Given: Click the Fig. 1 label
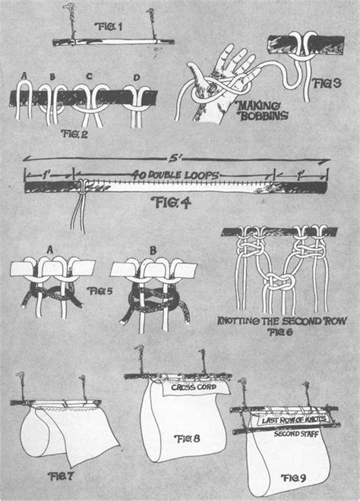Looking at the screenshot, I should [x=113, y=26].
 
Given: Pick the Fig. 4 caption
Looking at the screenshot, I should [x=173, y=203].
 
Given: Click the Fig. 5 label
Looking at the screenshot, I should [x=97, y=290].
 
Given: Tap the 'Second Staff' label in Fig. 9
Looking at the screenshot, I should [x=295, y=435].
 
